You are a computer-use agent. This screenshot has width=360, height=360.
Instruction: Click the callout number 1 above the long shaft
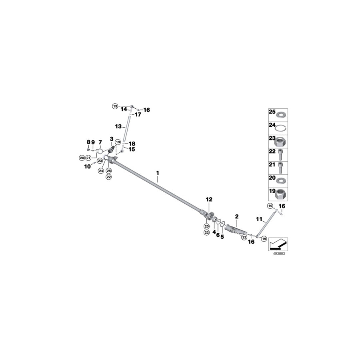click(x=158, y=173)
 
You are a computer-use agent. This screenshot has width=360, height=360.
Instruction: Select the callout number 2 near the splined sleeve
click(x=237, y=216)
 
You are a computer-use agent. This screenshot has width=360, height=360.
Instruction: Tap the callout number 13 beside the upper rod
click(x=118, y=126)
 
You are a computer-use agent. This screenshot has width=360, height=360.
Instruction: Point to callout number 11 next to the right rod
click(x=259, y=219)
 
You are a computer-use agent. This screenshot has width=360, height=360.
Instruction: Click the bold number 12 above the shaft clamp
click(x=209, y=199)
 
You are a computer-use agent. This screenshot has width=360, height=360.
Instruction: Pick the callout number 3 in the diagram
click(x=112, y=138)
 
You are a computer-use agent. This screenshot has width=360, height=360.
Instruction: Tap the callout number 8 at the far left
click(x=88, y=142)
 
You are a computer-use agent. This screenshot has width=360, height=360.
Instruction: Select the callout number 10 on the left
click(x=87, y=166)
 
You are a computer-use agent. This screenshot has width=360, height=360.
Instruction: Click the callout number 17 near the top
click(x=138, y=115)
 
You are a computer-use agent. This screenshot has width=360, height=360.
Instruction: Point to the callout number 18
click(x=132, y=143)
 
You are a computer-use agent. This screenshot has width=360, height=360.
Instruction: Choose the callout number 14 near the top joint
click(x=124, y=109)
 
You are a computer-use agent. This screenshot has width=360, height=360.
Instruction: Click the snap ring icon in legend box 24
click(x=282, y=128)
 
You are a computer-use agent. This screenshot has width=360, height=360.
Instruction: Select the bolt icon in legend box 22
click(x=282, y=155)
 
